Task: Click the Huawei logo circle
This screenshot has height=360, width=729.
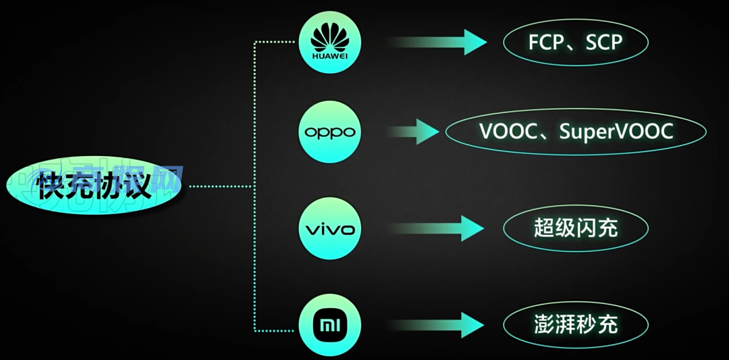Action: coord(330,43)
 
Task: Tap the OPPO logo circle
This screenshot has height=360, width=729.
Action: coord(330,132)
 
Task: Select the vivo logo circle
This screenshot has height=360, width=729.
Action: coord(330,229)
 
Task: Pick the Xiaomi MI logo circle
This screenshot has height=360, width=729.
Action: coord(330,324)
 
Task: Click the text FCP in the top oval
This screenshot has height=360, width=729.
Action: coord(545,43)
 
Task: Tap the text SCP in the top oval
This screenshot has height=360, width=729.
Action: coord(603,43)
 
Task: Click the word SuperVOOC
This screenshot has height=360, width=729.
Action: coord(616,130)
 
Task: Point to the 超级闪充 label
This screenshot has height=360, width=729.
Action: coord(575,228)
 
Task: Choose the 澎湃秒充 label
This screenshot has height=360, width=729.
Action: coord(575,324)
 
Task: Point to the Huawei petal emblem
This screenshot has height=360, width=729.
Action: coord(330,36)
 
